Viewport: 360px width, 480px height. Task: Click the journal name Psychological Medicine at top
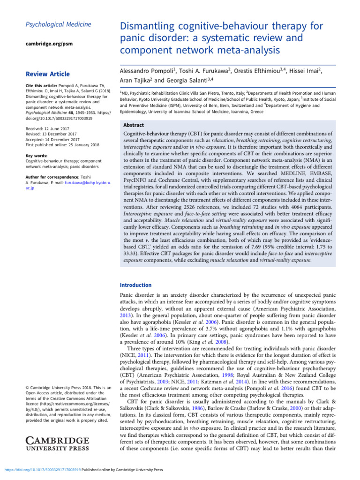[51, 24]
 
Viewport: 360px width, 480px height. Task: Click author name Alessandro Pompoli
[147, 71]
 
